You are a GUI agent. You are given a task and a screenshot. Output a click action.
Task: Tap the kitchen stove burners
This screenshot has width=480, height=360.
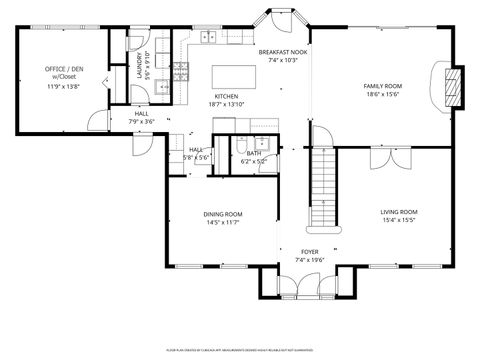pos(182,70)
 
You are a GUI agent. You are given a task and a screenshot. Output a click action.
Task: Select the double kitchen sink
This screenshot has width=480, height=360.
pos(208,38)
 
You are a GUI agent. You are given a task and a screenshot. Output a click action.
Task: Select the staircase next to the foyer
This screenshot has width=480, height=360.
pos(321,185)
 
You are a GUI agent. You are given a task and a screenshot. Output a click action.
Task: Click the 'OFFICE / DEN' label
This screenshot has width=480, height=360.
pos(61,69)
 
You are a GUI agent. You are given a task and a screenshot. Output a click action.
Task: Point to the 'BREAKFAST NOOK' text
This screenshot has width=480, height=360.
pos(283,50)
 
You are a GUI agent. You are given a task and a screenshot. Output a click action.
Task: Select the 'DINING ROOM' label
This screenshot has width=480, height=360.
pos(223,214)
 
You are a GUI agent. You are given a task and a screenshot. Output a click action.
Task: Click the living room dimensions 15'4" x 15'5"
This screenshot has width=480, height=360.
pos(398,221)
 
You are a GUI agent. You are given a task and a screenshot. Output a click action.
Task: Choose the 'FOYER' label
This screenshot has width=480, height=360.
pos(311,251)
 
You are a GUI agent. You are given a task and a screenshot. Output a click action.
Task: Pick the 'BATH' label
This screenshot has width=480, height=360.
pos(254,153)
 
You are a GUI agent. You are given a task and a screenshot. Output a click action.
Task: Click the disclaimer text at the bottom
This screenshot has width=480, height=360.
pos(239,351)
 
